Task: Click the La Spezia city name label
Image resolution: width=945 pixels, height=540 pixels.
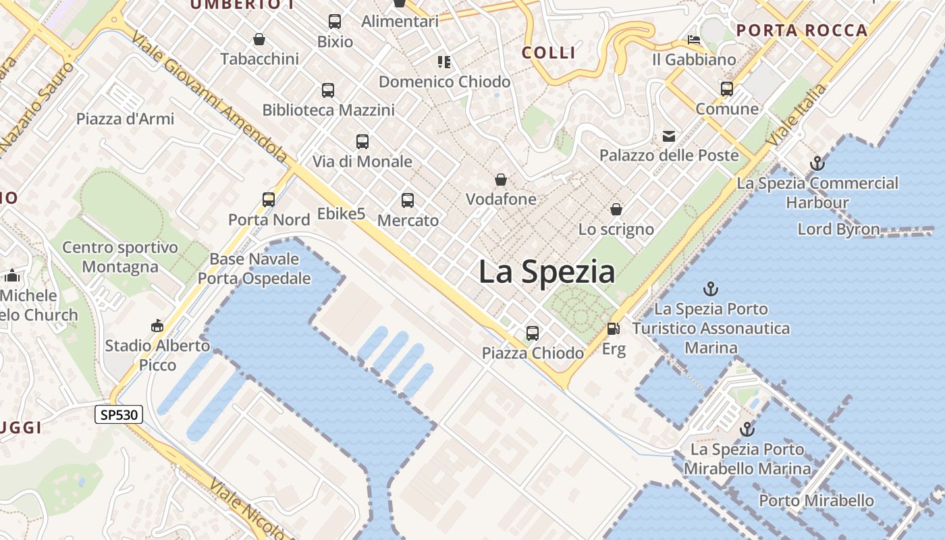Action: (x=547, y=272)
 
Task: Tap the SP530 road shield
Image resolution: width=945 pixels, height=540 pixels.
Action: (x=119, y=414)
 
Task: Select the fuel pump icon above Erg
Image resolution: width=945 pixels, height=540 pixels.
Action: (x=614, y=329)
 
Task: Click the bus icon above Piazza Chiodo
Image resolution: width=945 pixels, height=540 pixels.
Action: (x=533, y=333)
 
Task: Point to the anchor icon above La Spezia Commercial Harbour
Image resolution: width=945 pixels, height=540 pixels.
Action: (x=817, y=163)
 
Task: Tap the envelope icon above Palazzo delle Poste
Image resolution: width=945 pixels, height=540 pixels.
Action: (x=669, y=136)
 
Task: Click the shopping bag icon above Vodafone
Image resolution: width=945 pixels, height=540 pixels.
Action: (x=501, y=179)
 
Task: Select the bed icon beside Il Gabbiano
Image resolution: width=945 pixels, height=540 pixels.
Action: (x=694, y=39)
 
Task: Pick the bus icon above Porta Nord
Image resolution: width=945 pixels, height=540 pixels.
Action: (x=269, y=199)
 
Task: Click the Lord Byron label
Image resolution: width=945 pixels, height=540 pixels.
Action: (x=838, y=229)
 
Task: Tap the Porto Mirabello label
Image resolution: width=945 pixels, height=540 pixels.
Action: (x=816, y=500)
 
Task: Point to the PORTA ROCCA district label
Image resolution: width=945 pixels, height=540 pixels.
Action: (x=802, y=30)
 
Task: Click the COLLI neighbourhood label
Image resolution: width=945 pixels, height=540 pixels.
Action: (x=549, y=53)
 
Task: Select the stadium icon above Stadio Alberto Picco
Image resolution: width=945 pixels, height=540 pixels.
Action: (x=157, y=326)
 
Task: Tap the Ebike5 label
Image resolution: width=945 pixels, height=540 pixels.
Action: (x=341, y=214)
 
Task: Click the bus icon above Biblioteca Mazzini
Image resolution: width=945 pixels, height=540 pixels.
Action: (x=328, y=90)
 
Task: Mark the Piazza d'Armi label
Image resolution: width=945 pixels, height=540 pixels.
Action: (x=125, y=119)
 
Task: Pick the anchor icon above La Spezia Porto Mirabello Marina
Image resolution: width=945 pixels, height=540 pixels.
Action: (x=747, y=429)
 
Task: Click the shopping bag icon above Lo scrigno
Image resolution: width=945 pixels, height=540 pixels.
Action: (x=616, y=209)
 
